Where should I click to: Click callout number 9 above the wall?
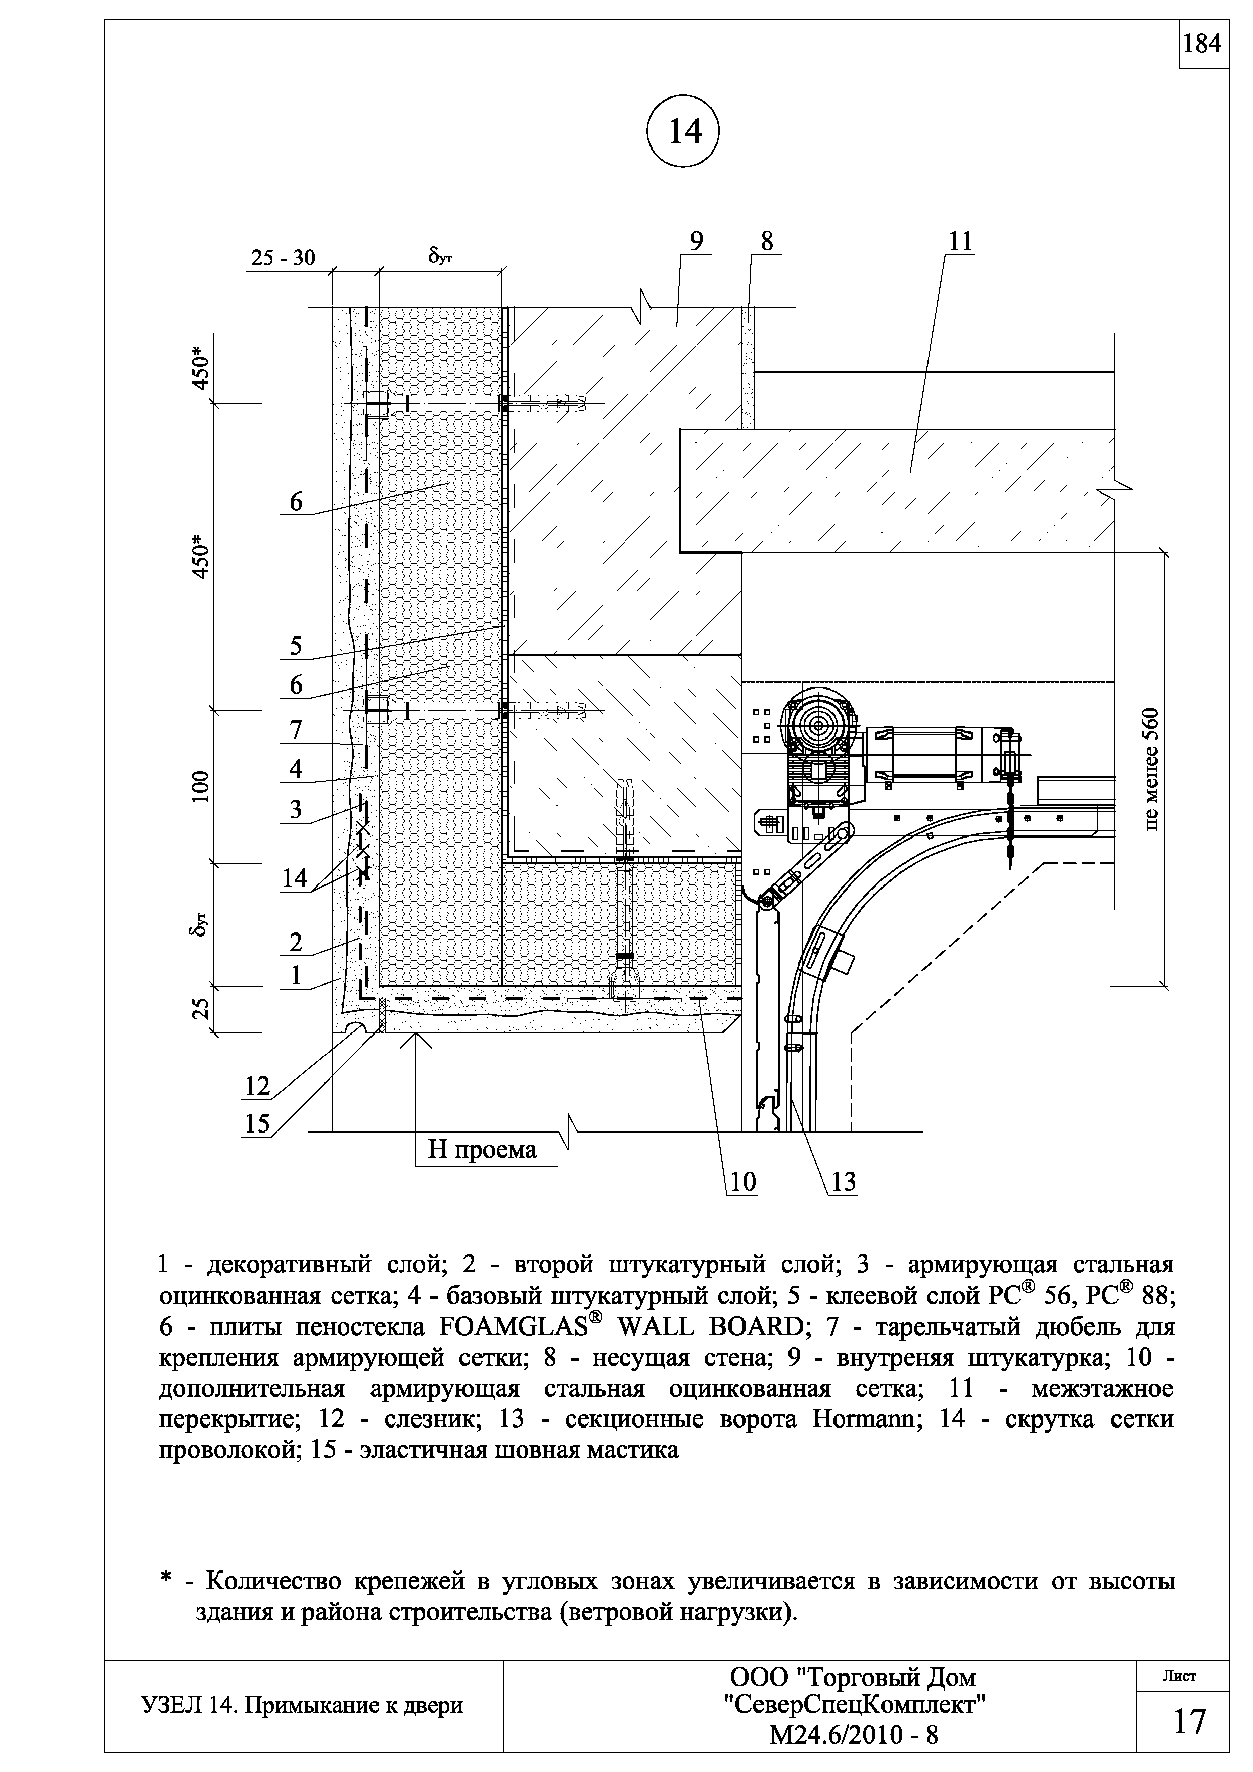click(x=697, y=241)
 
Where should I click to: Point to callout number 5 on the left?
click(x=296, y=645)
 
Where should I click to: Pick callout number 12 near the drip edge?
click(x=257, y=1086)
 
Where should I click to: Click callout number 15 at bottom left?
click(x=257, y=1124)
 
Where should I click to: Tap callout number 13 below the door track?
click(x=844, y=1182)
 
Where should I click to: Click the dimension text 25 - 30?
click(x=284, y=257)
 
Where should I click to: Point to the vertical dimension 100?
click(x=201, y=786)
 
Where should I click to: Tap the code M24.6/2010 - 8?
click(x=853, y=1736)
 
